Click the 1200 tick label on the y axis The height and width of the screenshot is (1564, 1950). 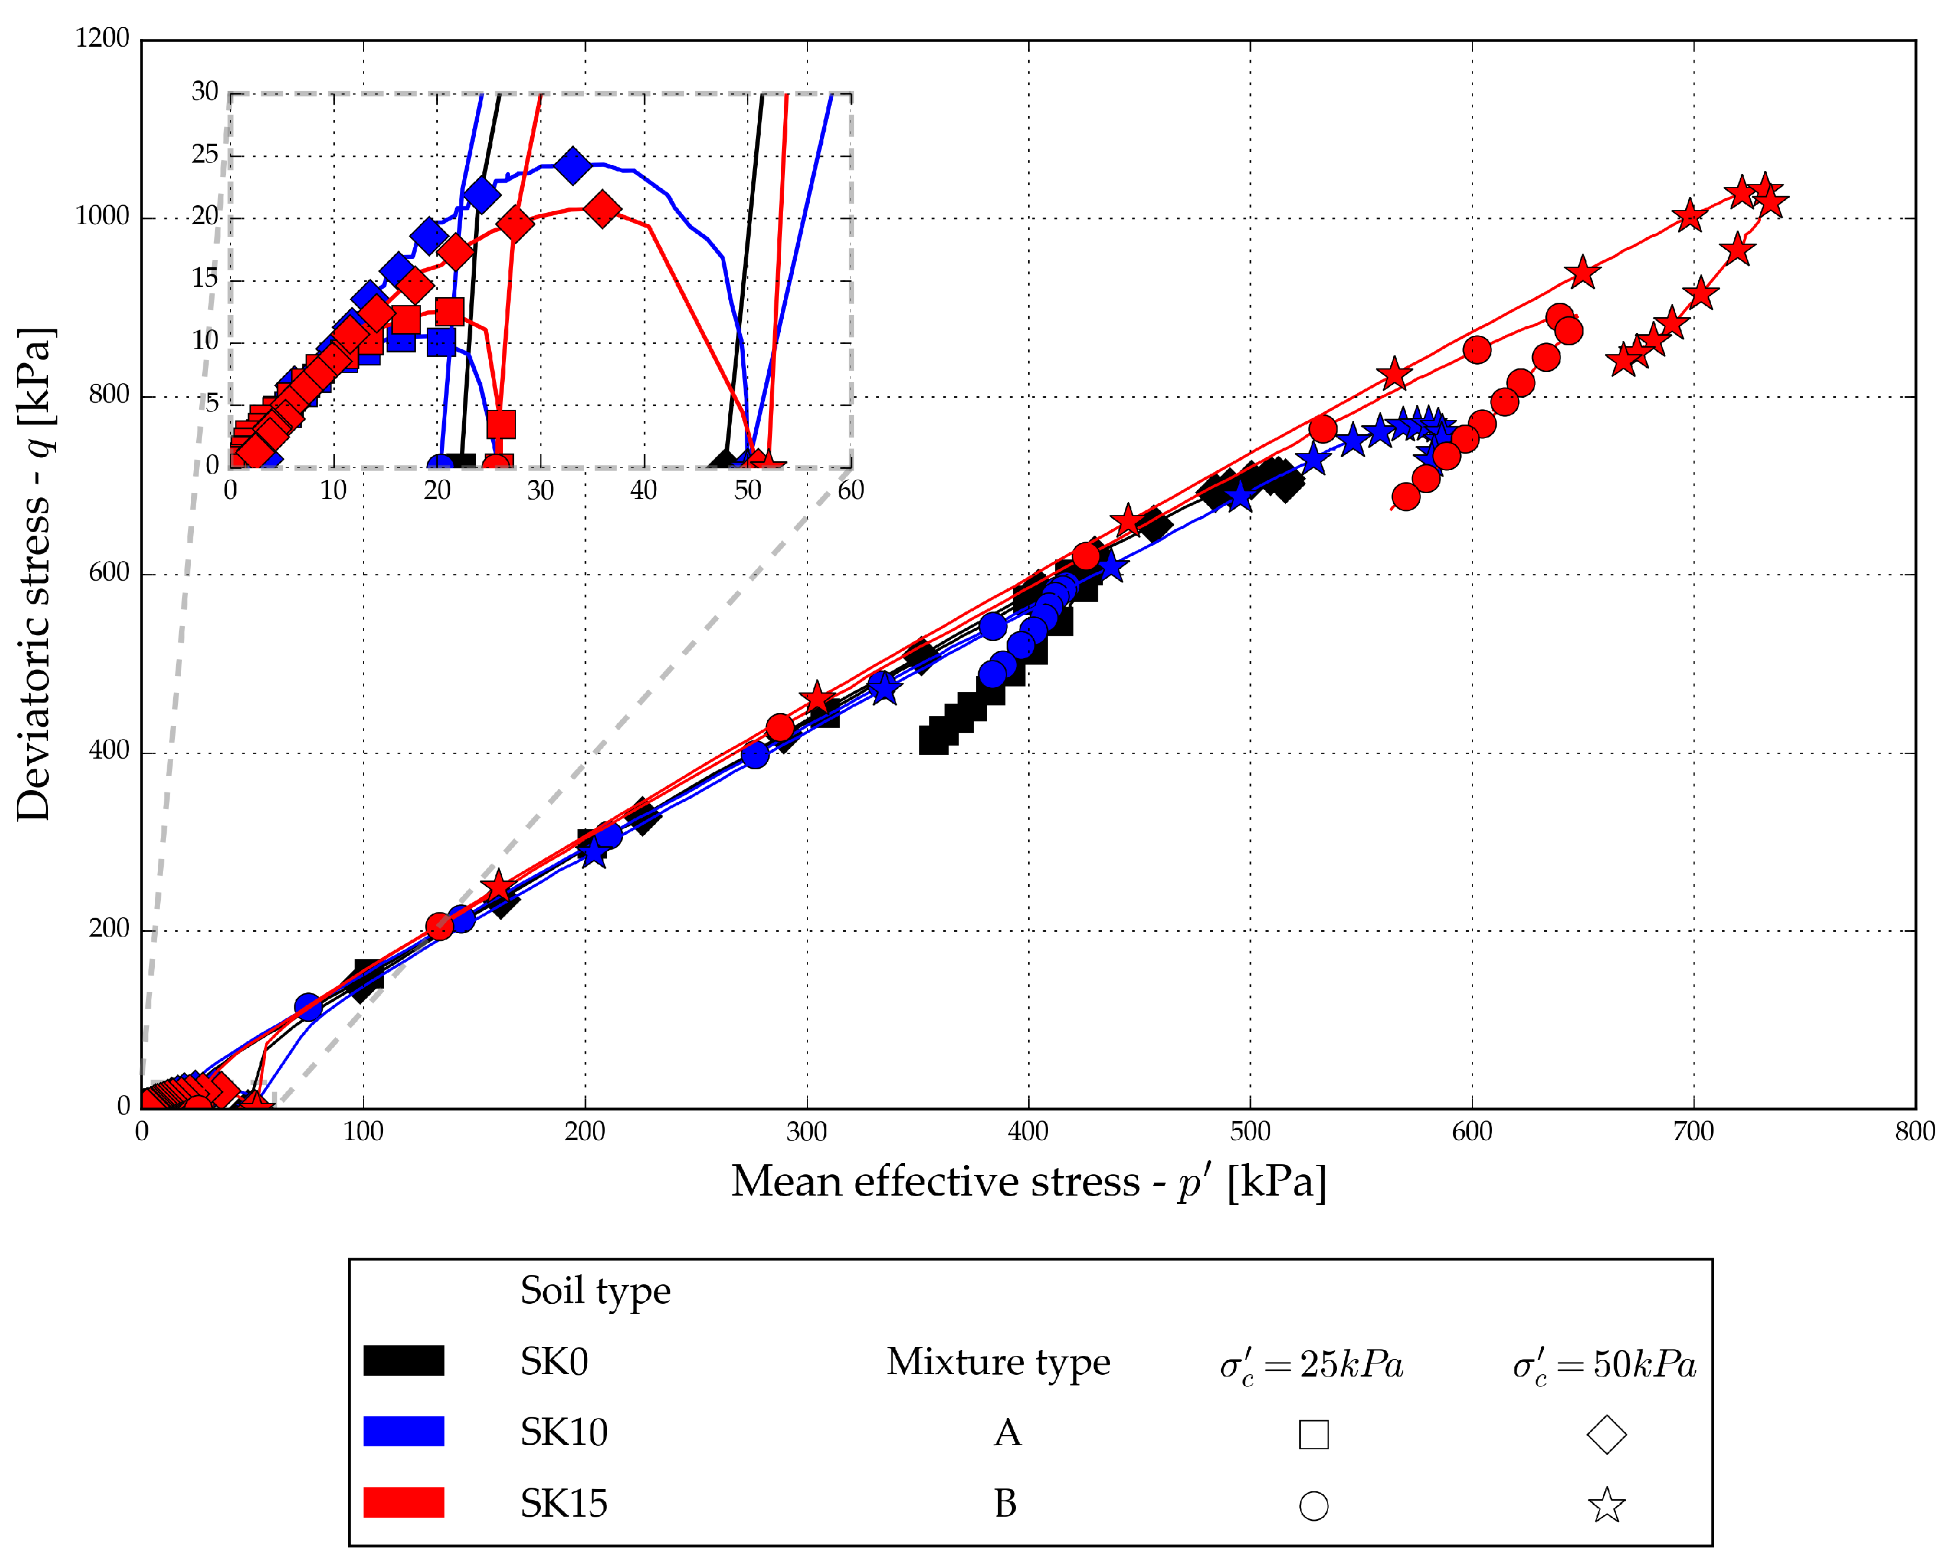coord(102,38)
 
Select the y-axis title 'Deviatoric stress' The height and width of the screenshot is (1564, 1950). coord(34,574)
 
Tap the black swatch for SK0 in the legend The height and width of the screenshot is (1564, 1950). coord(403,1361)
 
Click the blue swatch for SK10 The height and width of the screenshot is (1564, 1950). coord(403,1431)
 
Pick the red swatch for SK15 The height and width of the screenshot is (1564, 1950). coord(403,1503)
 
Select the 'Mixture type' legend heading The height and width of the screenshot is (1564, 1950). coord(998,1361)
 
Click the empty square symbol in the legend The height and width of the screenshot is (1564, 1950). coord(1313,1435)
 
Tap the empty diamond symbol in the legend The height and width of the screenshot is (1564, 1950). coord(1607,1434)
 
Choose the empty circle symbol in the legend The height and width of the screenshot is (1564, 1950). coord(1313,1506)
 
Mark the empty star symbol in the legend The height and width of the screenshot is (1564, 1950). coord(1607,1505)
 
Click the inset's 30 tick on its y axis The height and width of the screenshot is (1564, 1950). coord(205,92)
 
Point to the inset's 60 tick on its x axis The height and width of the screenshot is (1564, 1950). coord(850,490)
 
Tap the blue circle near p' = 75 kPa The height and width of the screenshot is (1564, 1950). coord(309,1006)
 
